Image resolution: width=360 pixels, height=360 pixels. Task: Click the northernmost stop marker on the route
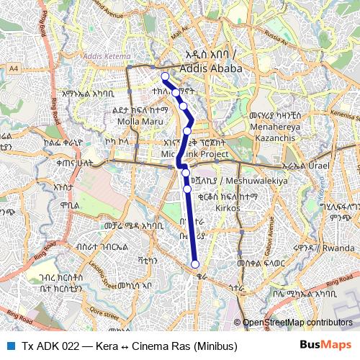(165, 76)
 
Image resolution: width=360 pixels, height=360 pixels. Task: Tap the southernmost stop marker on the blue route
(195, 264)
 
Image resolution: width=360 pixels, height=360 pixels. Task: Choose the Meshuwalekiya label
(256, 180)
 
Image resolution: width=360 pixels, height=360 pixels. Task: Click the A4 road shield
(14, 68)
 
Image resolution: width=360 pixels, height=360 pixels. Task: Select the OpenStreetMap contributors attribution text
(297, 323)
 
